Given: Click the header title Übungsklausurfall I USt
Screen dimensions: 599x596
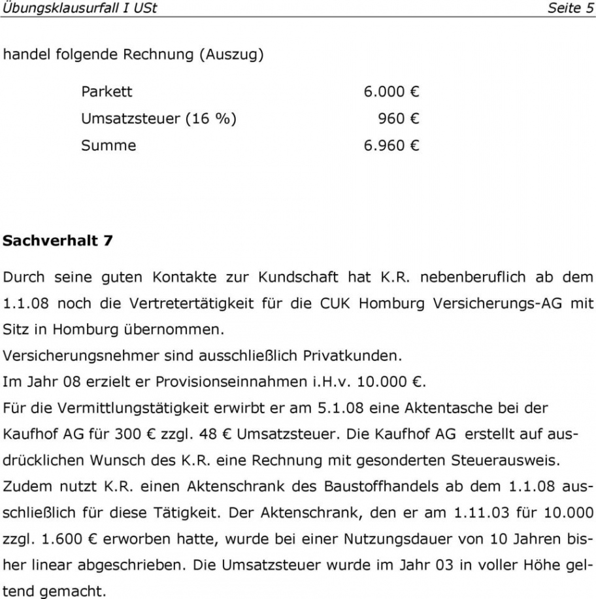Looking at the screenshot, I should (x=80, y=9).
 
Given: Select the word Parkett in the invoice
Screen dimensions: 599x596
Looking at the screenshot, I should (x=107, y=92).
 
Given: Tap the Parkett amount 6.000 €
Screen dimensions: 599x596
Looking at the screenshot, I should (x=391, y=92).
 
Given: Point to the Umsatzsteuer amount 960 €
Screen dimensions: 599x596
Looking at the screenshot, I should (x=398, y=118).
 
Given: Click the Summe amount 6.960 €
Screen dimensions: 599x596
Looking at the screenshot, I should (x=391, y=145).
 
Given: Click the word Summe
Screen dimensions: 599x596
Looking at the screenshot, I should (x=108, y=145).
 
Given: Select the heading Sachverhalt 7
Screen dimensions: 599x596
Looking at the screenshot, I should (x=58, y=240).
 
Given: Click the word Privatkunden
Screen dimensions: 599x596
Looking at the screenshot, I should (x=347, y=356).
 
